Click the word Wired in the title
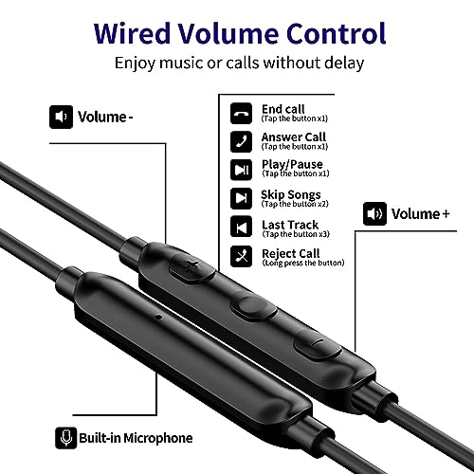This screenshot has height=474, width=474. [132, 33]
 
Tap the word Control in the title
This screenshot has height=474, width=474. [337, 33]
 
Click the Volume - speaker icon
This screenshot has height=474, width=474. [61, 117]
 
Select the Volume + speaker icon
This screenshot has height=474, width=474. [374, 213]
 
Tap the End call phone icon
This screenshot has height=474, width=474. [241, 113]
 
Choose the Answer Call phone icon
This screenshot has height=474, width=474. [241, 141]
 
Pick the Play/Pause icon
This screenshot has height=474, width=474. [241, 170]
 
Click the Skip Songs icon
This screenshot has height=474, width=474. [241, 198]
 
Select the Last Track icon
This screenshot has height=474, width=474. [241, 227]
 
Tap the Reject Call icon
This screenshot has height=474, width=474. [241, 256]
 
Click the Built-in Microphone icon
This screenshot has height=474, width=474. [66, 438]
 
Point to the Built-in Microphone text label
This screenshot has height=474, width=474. [136, 438]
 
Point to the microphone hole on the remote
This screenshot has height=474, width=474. [158, 317]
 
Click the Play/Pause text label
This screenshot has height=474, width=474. [292, 164]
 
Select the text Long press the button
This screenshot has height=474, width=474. [303, 263]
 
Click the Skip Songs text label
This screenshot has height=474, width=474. [291, 194]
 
